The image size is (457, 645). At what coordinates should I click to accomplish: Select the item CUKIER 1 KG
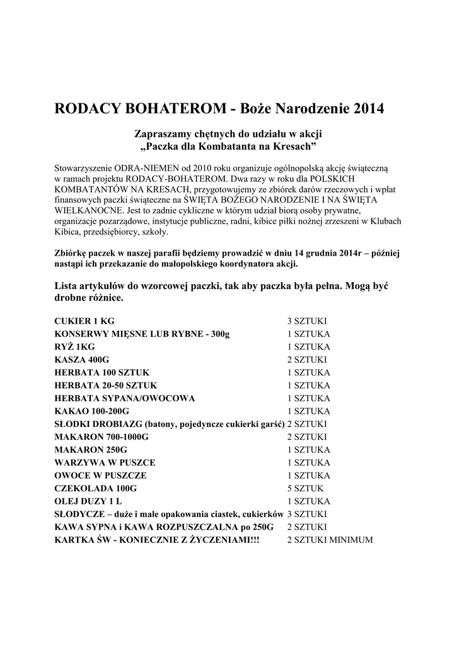point(84,321)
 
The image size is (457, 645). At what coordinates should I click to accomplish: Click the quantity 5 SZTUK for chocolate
point(305,488)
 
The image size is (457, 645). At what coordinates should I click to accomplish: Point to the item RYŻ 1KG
point(74,346)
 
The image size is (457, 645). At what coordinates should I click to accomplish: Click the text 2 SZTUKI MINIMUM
point(330,540)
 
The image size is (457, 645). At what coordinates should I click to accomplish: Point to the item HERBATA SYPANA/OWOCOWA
point(125,398)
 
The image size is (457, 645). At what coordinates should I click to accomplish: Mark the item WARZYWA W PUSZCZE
point(105,462)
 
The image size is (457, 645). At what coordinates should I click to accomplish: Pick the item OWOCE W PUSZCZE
point(101,476)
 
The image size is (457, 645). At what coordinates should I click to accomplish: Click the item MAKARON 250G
point(91,450)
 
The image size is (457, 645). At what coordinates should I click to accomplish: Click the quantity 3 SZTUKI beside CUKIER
point(307,321)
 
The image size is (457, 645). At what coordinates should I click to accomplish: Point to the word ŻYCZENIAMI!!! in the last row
point(226,540)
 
